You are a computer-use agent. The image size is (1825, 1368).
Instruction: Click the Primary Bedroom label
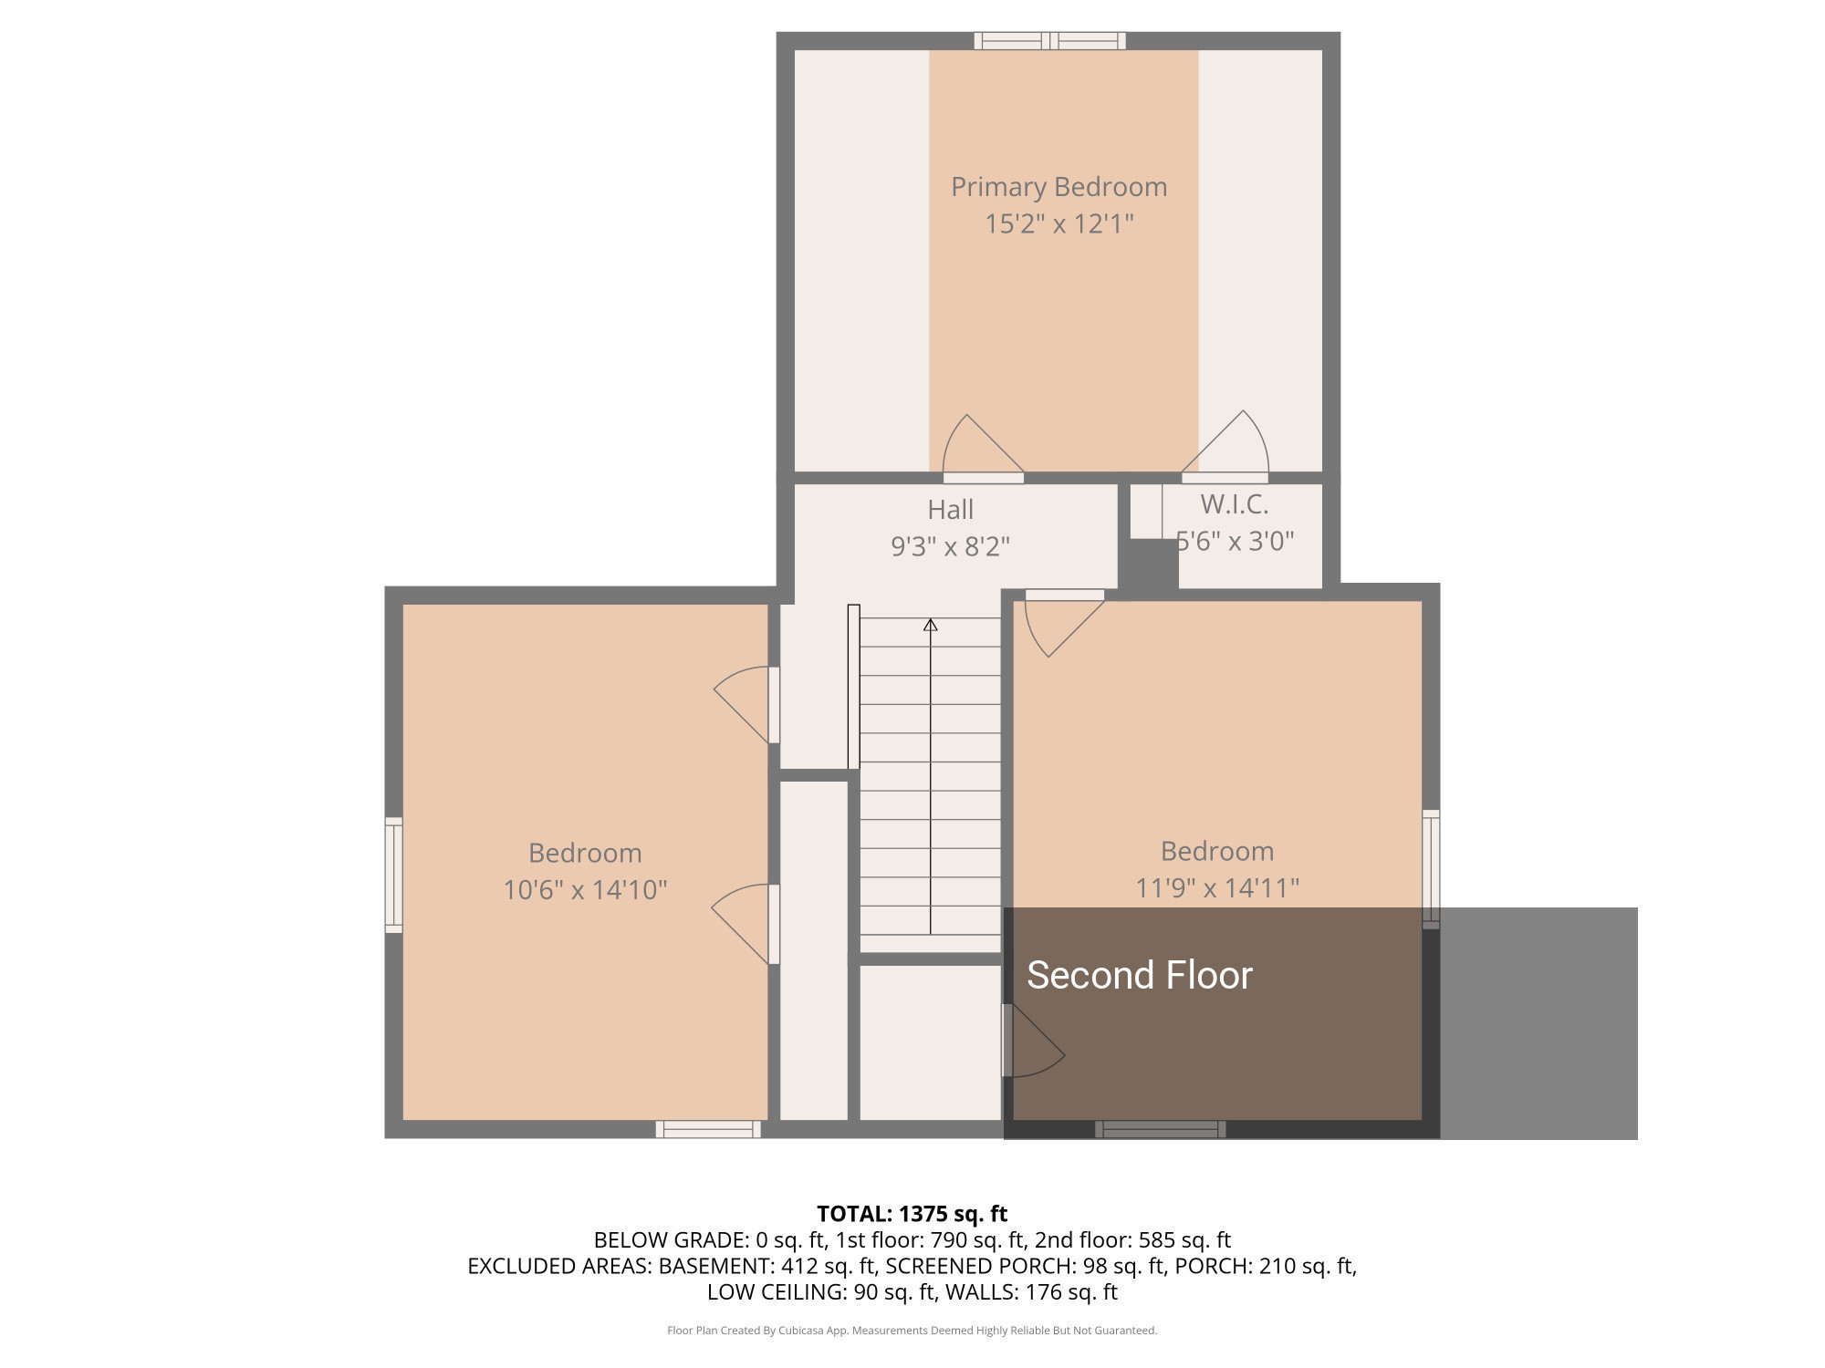pyautogui.click(x=1058, y=187)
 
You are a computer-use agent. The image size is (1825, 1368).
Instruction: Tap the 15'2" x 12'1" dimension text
pyautogui.click(x=1058, y=223)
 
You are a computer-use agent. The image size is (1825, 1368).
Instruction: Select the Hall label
pyautogui.click(x=950, y=509)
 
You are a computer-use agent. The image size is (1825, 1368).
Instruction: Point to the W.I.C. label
pyautogui.click(x=1234, y=504)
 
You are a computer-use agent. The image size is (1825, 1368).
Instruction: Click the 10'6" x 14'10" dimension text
pyautogui.click(x=585, y=890)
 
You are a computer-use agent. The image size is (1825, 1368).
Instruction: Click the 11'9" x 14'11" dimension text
pyautogui.click(x=1216, y=888)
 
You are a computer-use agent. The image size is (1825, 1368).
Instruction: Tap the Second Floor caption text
pyautogui.click(x=1140, y=975)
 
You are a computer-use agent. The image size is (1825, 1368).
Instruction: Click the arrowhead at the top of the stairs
pyautogui.click(x=930, y=625)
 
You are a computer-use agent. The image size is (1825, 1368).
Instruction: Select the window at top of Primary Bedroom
pyautogui.click(x=1049, y=40)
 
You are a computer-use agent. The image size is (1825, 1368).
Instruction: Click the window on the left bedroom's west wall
pyautogui.click(x=393, y=876)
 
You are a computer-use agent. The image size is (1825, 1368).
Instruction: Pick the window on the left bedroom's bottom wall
pyautogui.click(x=708, y=1129)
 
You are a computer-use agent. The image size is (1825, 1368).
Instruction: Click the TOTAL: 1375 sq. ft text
pyautogui.click(x=912, y=1214)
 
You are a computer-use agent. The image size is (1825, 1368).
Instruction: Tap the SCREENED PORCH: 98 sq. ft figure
pyautogui.click(x=1025, y=1266)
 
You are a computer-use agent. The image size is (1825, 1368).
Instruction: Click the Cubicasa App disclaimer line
pyautogui.click(x=912, y=1331)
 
